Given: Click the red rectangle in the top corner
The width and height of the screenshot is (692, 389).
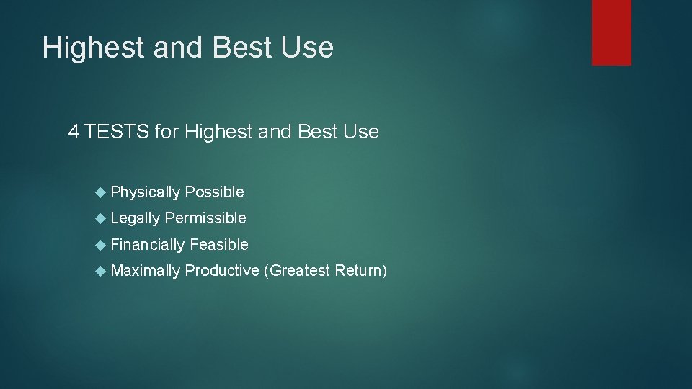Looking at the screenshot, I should [611, 32].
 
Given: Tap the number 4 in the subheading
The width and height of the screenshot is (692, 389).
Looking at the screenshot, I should [73, 132].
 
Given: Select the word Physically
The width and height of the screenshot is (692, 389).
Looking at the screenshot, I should [146, 192].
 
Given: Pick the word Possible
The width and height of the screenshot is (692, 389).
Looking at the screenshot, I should [214, 192].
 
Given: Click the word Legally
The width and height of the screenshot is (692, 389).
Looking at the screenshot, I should [136, 218].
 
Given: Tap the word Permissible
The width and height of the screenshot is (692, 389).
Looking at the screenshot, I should [205, 218].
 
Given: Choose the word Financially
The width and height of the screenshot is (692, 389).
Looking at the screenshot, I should [148, 245].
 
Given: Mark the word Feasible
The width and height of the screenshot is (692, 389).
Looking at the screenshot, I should [219, 245].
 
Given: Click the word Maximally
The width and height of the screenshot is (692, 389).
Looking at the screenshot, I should [146, 271].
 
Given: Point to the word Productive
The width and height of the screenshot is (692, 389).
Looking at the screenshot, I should [222, 271].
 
